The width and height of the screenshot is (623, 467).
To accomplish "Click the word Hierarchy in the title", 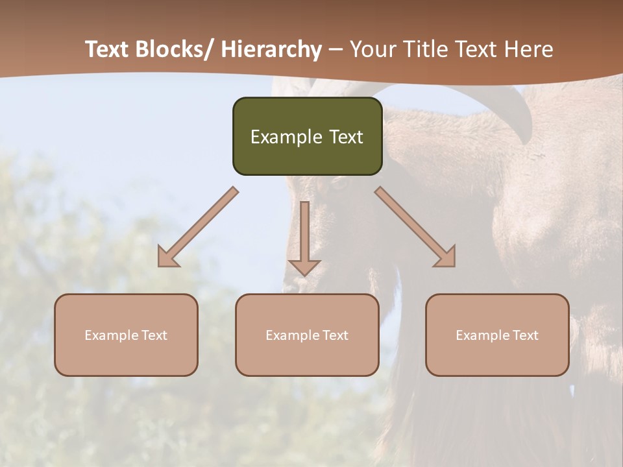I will tap(271, 49).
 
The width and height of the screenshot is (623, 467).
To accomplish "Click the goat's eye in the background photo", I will tap(339, 184).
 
